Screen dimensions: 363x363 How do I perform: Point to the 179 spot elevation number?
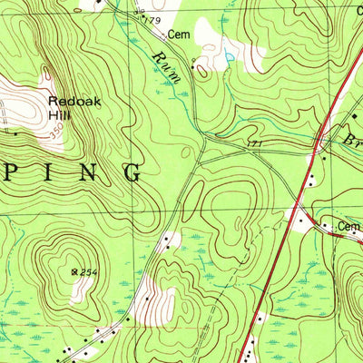pos(151,20)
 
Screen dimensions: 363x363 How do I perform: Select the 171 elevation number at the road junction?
pos(254,144)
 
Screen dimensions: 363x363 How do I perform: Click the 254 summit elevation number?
pos(88,270)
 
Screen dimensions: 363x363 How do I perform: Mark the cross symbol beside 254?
pos(74,270)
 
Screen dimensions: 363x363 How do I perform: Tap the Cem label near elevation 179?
pos(177,34)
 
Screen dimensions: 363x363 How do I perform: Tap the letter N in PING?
pos(91,171)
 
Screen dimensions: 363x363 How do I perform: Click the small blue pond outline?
pos(229,56)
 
